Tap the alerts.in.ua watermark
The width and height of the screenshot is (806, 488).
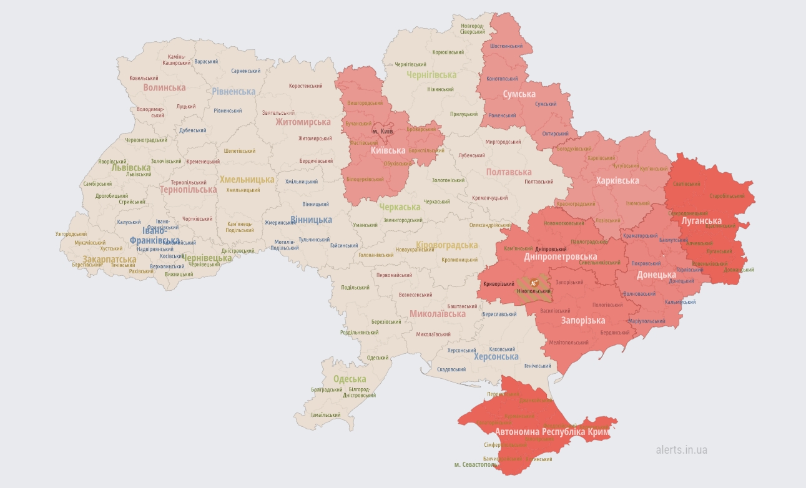click(681, 449)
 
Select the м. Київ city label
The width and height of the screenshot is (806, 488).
click(383, 132)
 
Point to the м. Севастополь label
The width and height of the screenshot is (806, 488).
click(476, 465)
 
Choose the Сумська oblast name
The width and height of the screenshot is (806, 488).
click(519, 94)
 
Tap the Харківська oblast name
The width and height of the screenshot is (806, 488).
click(617, 180)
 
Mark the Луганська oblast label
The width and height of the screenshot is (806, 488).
click(701, 221)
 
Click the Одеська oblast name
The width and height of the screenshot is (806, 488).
click(350, 379)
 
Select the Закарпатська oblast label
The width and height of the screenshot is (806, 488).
click(109, 259)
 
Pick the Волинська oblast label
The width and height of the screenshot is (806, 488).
click(165, 87)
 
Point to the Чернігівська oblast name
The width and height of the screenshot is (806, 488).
click(431, 75)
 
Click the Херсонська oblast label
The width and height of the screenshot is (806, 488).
click(496, 357)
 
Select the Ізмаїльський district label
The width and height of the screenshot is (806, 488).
click(326, 415)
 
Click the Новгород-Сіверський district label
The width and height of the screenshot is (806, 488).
click(473, 28)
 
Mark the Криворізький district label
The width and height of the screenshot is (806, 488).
click(498, 285)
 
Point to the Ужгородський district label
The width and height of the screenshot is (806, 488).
click(71, 234)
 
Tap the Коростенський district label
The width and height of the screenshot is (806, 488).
click(305, 86)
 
